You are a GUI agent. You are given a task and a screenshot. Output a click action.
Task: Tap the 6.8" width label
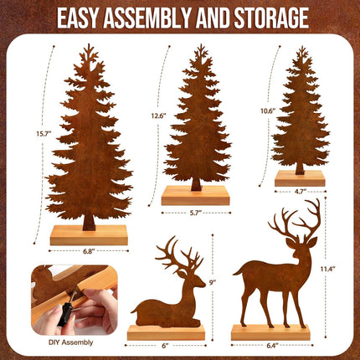[88, 249]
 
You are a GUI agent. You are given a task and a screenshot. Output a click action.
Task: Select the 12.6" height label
[158, 116]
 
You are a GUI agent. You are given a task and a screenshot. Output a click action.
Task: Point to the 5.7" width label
[196, 213]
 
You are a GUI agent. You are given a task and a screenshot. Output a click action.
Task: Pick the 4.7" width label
[300, 192]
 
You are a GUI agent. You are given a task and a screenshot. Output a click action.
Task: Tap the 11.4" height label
[328, 269]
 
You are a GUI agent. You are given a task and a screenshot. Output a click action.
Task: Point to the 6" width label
[166, 344]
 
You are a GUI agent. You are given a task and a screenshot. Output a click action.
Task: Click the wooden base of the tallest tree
[89, 235]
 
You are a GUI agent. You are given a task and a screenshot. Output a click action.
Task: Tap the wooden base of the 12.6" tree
[196, 195]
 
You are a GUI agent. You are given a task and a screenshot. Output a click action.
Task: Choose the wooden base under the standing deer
[270, 332]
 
